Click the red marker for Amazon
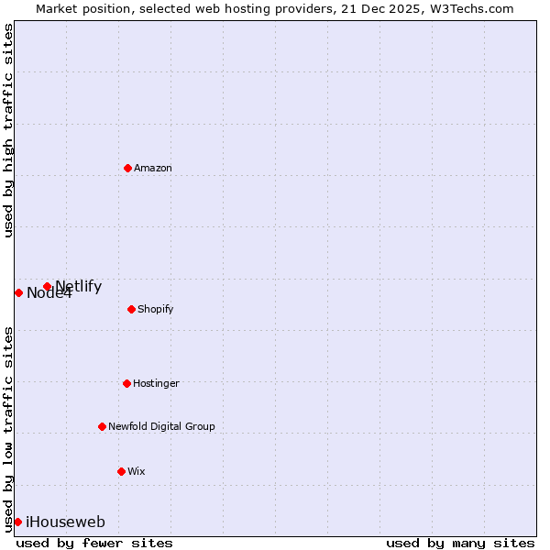pos(127,168)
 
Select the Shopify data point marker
pos(132,309)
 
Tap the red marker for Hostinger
pos(126,383)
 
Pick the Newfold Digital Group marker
pos(102,426)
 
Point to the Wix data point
pos(121,471)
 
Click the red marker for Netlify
pos(47,286)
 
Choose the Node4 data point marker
pos(18,292)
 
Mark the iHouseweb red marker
pos(17,522)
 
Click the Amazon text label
pos(153,168)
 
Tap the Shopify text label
pos(156,309)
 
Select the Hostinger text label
pos(156,383)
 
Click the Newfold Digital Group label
pos(161,426)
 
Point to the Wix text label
pos(137,471)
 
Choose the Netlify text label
pos(79,286)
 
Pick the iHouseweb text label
pos(65,522)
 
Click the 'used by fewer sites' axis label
pos(94,543)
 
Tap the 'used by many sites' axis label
pos(460,543)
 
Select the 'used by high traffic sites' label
pos(8,130)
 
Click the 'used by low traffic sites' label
pos(8,428)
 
